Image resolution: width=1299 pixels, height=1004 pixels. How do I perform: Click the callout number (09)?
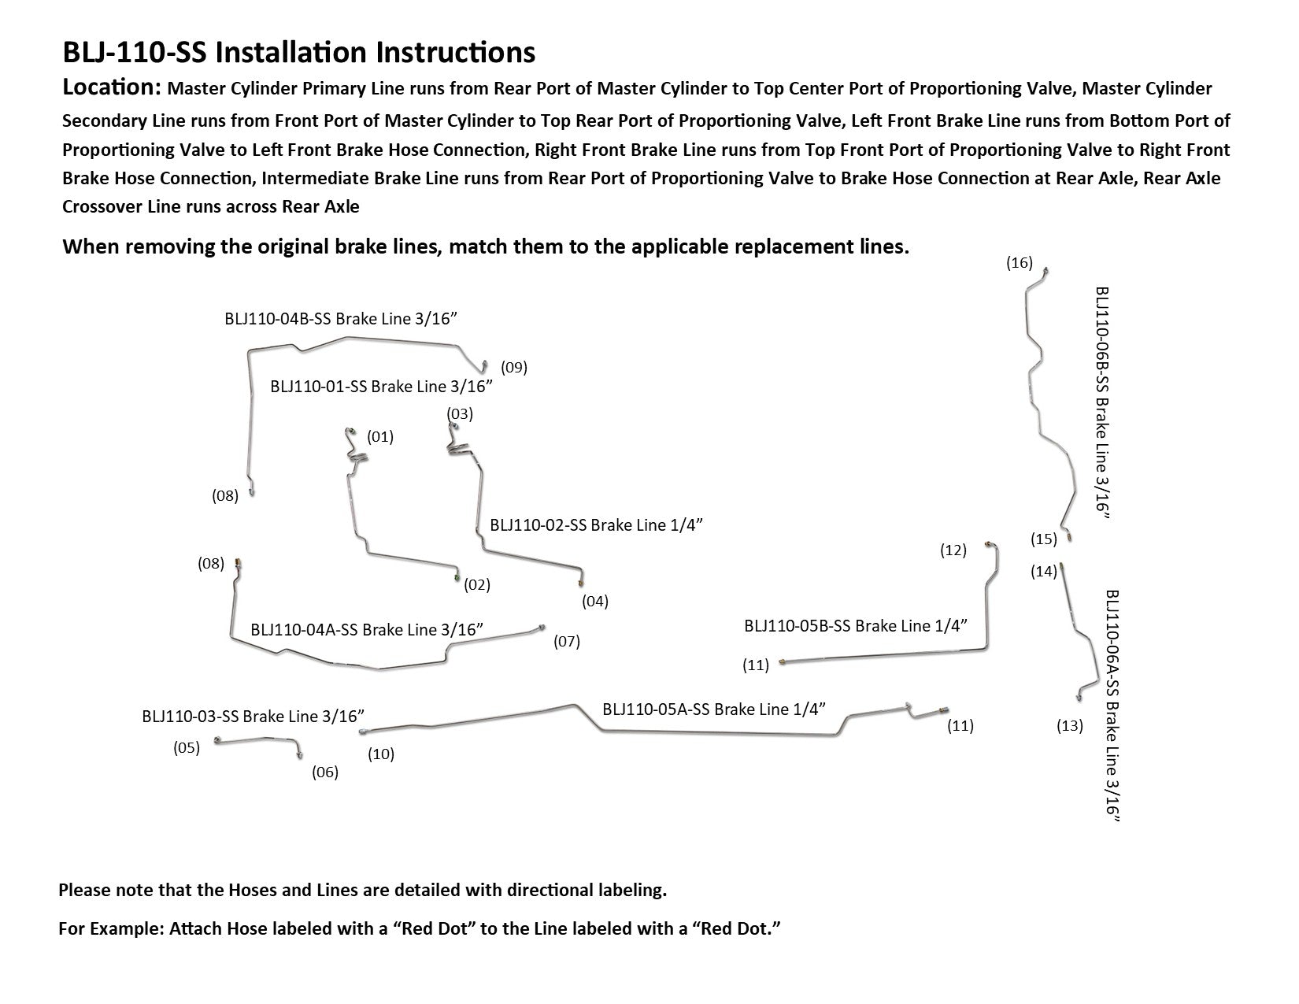click(514, 367)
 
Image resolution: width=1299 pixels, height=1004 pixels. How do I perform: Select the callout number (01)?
click(380, 436)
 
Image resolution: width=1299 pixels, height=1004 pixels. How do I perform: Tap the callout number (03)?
click(460, 413)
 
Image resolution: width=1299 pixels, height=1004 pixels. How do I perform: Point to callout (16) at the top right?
click(1020, 263)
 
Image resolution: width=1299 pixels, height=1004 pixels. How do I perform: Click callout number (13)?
click(1070, 726)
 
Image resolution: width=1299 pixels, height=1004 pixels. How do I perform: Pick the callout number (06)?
click(325, 772)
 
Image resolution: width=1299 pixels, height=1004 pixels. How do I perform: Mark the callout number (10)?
click(381, 754)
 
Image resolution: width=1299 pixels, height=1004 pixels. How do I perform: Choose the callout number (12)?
click(953, 550)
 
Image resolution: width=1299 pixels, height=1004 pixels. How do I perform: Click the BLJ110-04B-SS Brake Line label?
click(341, 318)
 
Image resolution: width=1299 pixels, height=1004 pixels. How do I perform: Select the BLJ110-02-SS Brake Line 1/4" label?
click(596, 524)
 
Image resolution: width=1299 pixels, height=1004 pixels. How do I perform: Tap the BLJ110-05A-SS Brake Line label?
click(714, 709)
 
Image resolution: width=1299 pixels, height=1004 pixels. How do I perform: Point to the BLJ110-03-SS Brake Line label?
click(254, 717)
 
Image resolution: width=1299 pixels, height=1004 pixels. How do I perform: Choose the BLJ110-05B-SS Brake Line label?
click(856, 625)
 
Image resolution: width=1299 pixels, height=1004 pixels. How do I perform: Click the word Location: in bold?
click(112, 87)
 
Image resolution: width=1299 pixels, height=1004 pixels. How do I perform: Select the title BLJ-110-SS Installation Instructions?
click(299, 52)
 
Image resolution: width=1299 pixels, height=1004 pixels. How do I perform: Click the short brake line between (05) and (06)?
click(256, 740)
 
